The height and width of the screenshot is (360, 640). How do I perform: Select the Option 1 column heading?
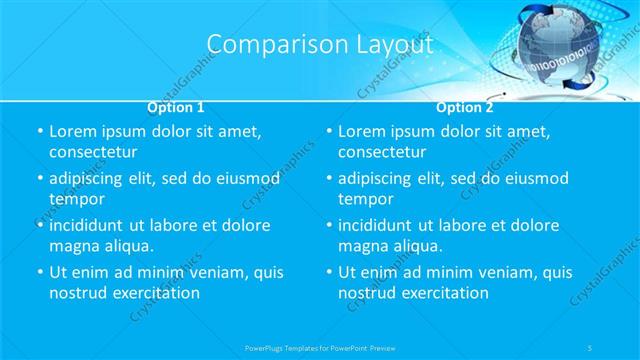[176, 106]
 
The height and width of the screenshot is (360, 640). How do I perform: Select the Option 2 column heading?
[465, 106]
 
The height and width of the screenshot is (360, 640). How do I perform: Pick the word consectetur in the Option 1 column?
[93, 152]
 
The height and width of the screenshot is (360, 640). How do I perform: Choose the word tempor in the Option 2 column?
[364, 199]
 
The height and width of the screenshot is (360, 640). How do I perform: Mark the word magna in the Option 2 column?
[363, 246]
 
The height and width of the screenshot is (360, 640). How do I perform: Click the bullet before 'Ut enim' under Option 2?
[329, 272]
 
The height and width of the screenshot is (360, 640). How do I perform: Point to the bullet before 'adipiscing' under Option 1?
[40, 179]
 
